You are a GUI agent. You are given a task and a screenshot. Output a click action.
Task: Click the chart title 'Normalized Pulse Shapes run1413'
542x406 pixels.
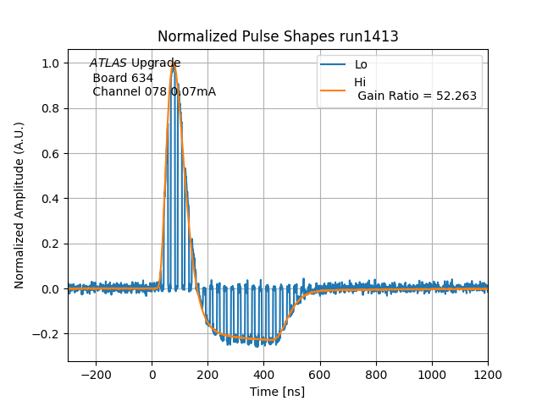coord(278,36)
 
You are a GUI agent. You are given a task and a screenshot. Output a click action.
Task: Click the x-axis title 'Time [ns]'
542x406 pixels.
coord(277,392)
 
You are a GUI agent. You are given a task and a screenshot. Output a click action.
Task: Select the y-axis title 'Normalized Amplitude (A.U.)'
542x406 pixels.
coord(19,205)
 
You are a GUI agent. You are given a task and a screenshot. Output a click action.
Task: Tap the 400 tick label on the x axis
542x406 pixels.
coord(263,374)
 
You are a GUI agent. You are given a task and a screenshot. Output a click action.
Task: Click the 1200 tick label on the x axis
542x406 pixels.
coord(488,374)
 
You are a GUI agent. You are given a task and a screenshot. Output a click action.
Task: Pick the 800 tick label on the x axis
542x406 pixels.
coord(376,374)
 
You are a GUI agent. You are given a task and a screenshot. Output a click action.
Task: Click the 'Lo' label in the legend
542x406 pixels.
coord(361,65)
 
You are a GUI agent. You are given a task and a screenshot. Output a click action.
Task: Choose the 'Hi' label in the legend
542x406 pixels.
coord(360,82)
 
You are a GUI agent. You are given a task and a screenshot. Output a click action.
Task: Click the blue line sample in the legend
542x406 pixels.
coord(334,65)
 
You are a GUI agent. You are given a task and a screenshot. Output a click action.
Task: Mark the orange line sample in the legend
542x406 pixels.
coord(334,89)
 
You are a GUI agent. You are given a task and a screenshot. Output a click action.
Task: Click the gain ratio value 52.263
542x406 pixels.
coord(457,96)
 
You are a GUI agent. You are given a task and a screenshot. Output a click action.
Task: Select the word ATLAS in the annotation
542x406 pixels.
coord(108,63)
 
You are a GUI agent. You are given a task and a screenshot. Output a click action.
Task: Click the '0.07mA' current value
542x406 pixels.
coord(193,91)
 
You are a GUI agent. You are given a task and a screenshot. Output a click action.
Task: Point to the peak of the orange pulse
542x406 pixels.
coord(174,64)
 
